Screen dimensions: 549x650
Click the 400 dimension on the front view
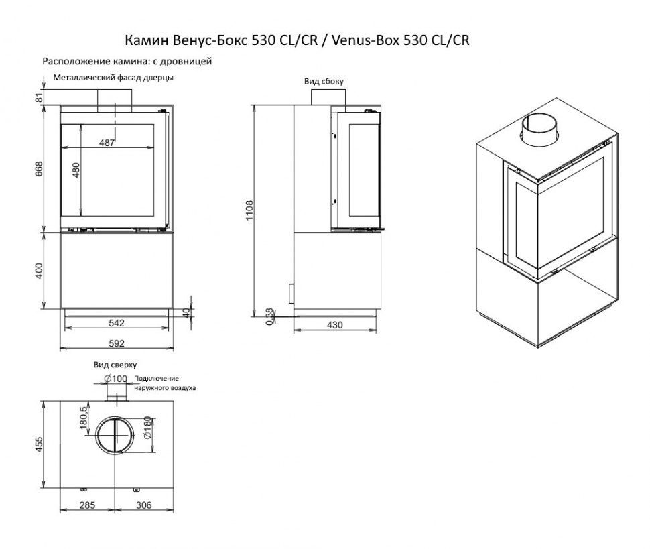tap(40, 271)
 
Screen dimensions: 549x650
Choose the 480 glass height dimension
tap(76, 170)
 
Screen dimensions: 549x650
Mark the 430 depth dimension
tap(334, 325)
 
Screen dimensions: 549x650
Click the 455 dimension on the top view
tap(40, 444)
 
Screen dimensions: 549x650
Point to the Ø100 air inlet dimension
tap(117, 379)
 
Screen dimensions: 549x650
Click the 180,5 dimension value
tap(84, 418)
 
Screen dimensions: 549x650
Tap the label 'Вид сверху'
tap(116, 365)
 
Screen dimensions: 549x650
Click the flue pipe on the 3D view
tap(539, 129)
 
